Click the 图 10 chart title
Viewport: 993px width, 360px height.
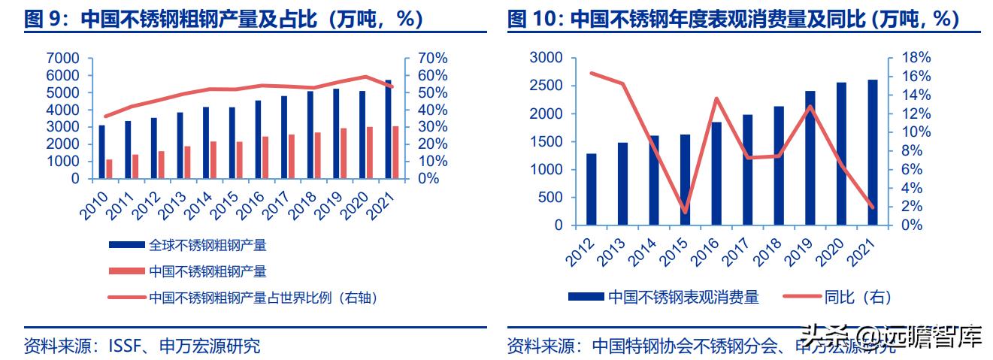click(x=733, y=19)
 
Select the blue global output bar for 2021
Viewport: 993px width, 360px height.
click(x=388, y=129)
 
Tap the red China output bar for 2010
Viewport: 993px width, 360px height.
click(x=109, y=169)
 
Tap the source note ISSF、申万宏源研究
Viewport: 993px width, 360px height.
click(x=142, y=346)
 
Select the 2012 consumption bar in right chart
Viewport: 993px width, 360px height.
click(x=592, y=189)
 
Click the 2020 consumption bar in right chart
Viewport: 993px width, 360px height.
click(x=841, y=154)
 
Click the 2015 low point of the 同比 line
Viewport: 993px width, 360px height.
click(x=685, y=212)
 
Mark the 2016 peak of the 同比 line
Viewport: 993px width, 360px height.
click(x=716, y=98)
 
